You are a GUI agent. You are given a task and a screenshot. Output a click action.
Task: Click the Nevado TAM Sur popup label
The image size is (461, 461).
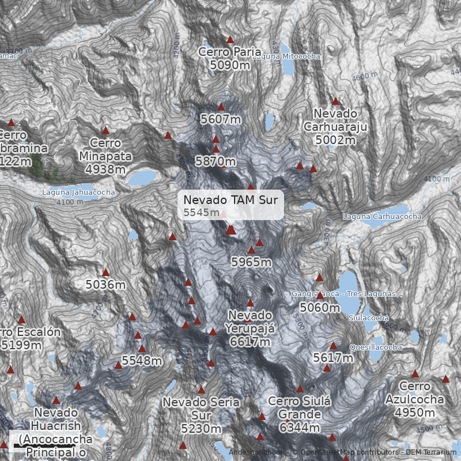click(x=231, y=205)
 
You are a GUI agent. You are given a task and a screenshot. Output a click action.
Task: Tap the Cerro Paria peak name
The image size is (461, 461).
click(x=230, y=52)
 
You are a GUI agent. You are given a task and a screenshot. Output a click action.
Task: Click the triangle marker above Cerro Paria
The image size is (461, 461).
click(x=230, y=40)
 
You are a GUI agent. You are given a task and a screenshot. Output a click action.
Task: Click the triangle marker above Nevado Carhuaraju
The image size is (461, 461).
click(x=335, y=101)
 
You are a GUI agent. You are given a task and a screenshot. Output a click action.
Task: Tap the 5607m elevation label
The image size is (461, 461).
click(x=221, y=119)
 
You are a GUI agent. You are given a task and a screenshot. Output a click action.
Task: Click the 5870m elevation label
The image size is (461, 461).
click(x=216, y=161)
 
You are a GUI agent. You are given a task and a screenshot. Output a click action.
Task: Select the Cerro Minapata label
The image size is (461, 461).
click(x=105, y=149)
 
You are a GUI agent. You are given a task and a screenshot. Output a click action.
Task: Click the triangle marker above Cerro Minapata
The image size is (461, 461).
click(x=105, y=131)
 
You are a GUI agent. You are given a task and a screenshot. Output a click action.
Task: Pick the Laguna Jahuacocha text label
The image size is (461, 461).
click(x=78, y=192)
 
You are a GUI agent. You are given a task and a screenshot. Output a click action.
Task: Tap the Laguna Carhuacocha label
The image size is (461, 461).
click(x=382, y=217)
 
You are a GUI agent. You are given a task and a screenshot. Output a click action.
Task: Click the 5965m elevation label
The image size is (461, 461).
click(x=251, y=262)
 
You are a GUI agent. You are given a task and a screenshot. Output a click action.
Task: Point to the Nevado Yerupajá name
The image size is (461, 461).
click(x=250, y=322)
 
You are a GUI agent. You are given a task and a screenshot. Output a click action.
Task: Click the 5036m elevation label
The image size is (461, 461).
click(x=105, y=284)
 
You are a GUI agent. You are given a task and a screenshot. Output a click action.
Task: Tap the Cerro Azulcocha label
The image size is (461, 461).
click(x=415, y=392)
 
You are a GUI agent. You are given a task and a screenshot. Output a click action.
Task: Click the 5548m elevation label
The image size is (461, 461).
click(x=142, y=361)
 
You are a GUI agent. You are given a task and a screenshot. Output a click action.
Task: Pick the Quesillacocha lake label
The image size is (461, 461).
click(x=376, y=347)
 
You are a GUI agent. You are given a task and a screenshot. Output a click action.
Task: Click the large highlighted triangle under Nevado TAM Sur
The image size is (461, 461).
click(x=231, y=230)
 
